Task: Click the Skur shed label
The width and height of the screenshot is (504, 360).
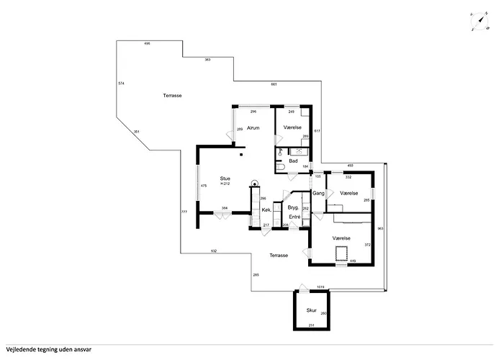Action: coord(311,310)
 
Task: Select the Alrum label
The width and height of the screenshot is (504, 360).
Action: coord(253,127)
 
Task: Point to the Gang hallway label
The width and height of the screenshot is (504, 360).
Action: coord(318,194)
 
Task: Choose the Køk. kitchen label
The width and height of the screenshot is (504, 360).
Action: coord(266,210)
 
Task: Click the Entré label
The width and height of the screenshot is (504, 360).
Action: coord(294,217)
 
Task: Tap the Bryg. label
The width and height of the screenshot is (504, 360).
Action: coord(293,207)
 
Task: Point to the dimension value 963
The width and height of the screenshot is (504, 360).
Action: coord(381,228)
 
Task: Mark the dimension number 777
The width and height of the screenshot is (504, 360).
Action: coord(184,212)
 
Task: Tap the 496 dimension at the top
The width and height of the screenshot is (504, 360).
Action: coord(147,44)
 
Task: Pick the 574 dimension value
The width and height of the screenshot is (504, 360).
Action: coord(121,84)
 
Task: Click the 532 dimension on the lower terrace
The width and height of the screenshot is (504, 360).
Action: coord(215,251)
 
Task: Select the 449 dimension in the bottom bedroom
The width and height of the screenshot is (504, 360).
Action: coord(353,261)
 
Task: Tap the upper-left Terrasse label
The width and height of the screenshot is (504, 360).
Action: coord(172,96)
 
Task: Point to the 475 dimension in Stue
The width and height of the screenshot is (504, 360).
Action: coord(204,186)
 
